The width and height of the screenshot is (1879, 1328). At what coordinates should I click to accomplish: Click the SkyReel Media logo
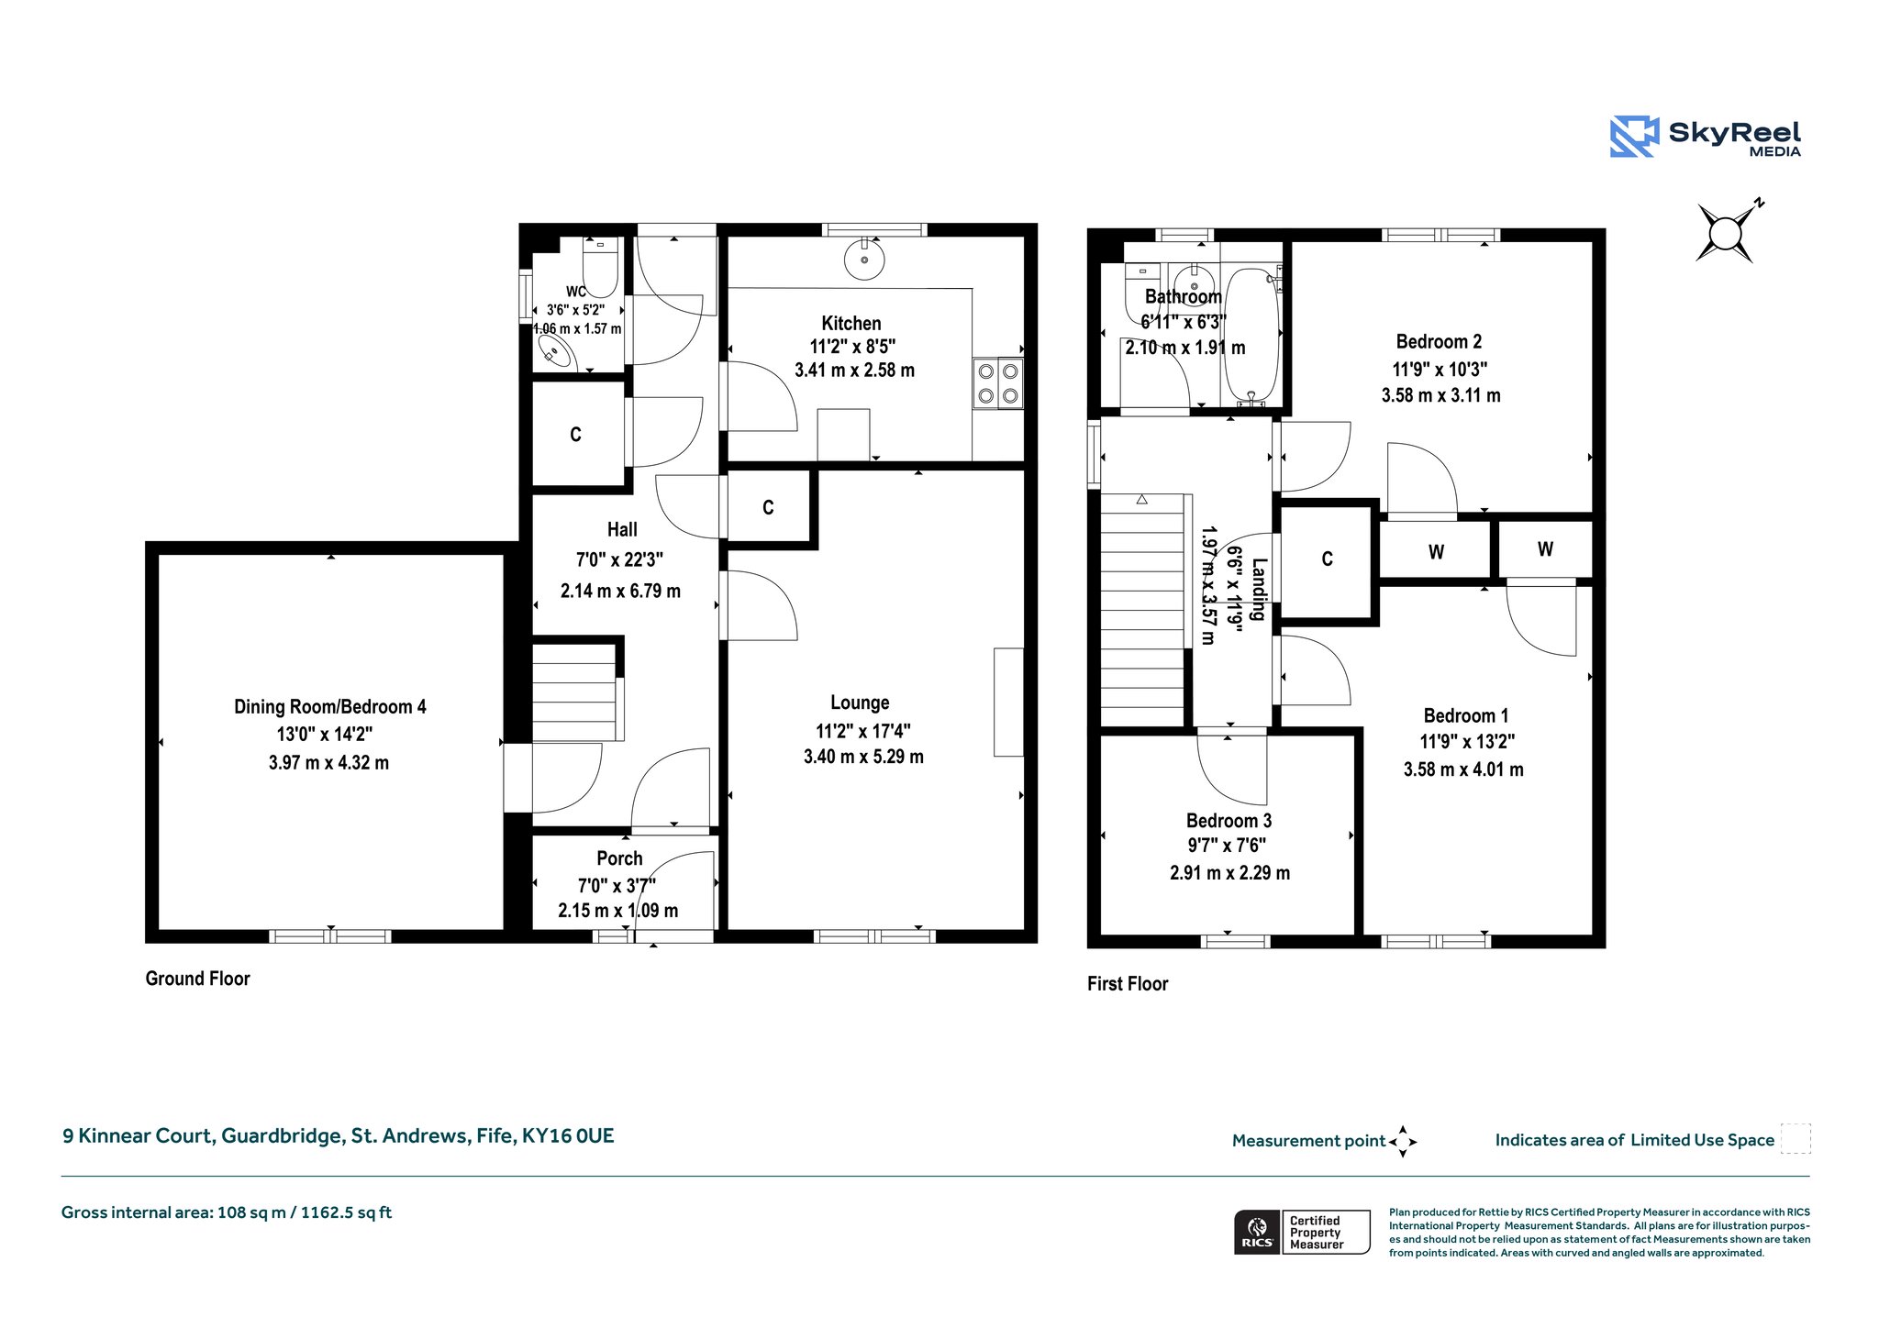click(x=1706, y=137)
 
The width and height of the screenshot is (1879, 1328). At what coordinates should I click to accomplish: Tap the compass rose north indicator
click(x=1726, y=232)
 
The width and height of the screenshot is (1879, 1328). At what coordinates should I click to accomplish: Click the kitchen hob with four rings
click(x=998, y=383)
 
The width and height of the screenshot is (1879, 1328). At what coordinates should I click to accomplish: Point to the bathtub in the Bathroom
click(x=1251, y=336)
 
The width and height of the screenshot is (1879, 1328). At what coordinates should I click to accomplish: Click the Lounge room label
click(x=860, y=703)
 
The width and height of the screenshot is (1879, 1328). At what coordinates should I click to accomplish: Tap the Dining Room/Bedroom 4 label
click(x=330, y=706)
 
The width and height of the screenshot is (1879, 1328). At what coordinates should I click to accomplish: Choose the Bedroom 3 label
click(x=1229, y=821)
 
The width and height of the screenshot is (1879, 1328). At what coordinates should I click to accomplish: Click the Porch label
click(x=619, y=858)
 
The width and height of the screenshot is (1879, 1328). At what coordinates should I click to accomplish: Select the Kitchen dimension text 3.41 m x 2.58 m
click(x=854, y=371)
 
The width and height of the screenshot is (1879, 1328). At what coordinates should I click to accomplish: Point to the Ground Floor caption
click(x=197, y=979)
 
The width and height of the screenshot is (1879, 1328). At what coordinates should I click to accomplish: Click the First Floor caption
click(x=1128, y=984)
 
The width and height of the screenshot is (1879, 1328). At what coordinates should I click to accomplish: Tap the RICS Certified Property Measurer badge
click(x=1302, y=1232)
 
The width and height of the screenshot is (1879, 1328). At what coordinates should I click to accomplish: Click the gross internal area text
click(x=227, y=1212)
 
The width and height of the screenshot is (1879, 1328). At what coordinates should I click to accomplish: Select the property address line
click(x=339, y=1135)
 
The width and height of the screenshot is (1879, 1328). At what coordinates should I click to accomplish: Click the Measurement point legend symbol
click(x=1403, y=1142)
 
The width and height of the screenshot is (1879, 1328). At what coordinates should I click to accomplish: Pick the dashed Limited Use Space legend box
click(x=1796, y=1139)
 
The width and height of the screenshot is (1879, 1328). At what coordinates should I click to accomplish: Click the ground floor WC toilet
click(x=600, y=267)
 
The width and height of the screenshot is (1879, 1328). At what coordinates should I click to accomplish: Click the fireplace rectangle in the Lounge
click(x=1008, y=703)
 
